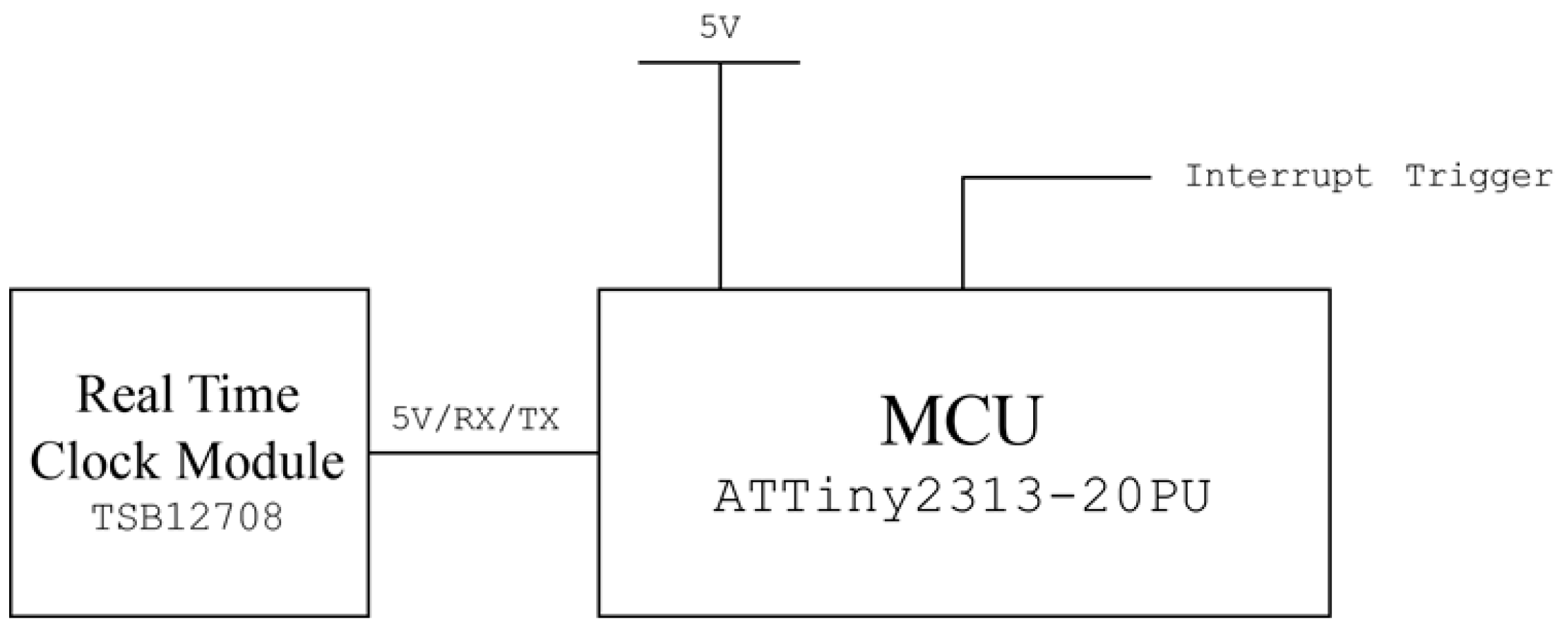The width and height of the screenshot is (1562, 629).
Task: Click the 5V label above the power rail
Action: point(720,29)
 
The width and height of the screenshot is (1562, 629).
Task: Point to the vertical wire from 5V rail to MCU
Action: point(720,176)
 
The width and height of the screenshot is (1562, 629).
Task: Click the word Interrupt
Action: point(1278,176)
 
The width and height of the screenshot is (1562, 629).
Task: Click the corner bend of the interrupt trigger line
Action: point(963,178)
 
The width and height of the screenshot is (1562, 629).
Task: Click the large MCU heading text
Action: point(961,421)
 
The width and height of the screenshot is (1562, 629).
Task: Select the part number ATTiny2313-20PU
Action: point(962,498)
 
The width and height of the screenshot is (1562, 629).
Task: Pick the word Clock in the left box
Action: point(94,462)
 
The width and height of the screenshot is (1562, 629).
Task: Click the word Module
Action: point(260,462)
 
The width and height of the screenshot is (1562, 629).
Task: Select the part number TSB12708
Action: point(188,517)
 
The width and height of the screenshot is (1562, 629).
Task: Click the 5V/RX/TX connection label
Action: point(475,421)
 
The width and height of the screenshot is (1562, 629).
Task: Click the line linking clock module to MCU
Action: point(484,453)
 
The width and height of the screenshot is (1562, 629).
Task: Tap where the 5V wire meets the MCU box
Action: point(720,289)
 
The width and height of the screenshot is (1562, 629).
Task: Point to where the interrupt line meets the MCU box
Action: point(963,289)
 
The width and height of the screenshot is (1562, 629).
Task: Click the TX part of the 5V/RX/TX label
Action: point(539,421)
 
